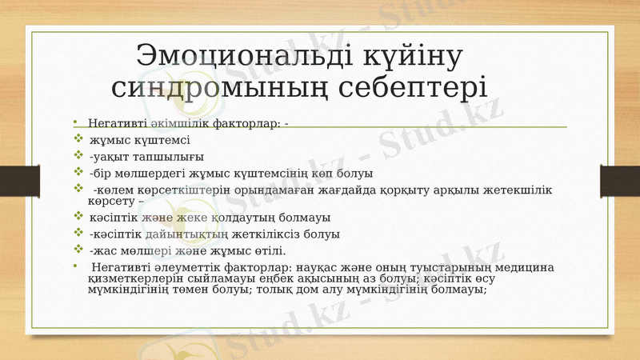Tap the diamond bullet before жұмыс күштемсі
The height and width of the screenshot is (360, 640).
click(77, 140)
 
